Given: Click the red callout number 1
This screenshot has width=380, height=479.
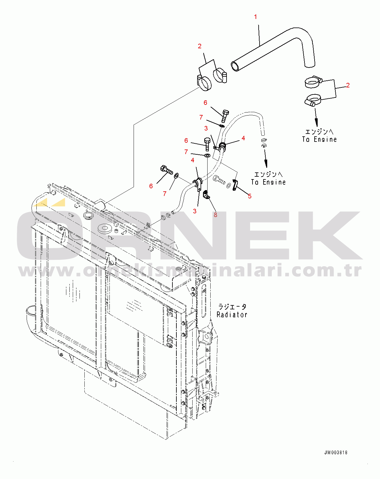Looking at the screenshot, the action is click(x=256, y=17).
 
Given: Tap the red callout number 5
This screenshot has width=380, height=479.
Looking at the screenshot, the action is click(x=250, y=196).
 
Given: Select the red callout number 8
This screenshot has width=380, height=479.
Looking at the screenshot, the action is click(x=216, y=215).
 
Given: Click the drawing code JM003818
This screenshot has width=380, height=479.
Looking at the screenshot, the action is click(x=336, y=453).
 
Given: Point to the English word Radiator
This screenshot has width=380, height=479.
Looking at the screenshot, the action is click(x=232, y=315).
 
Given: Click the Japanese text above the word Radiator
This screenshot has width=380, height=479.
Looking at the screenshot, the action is click(x=232, y=307).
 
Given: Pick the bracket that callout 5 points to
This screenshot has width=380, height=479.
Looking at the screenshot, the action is click(x=235, y=185).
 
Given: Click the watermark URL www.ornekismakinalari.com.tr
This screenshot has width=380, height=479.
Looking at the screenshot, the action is click(x=190, y=271).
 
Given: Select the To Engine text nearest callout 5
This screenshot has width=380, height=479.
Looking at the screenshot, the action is click(x=268, y=182).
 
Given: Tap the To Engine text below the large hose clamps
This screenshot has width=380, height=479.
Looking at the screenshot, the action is click(x=319, y=139).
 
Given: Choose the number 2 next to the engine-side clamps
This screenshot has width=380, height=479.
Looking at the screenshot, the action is click(x=348, y=85).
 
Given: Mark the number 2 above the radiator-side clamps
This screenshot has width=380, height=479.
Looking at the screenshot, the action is click(x=200, y=46).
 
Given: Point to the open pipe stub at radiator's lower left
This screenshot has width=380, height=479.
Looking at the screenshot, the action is click(x=31, y=312).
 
